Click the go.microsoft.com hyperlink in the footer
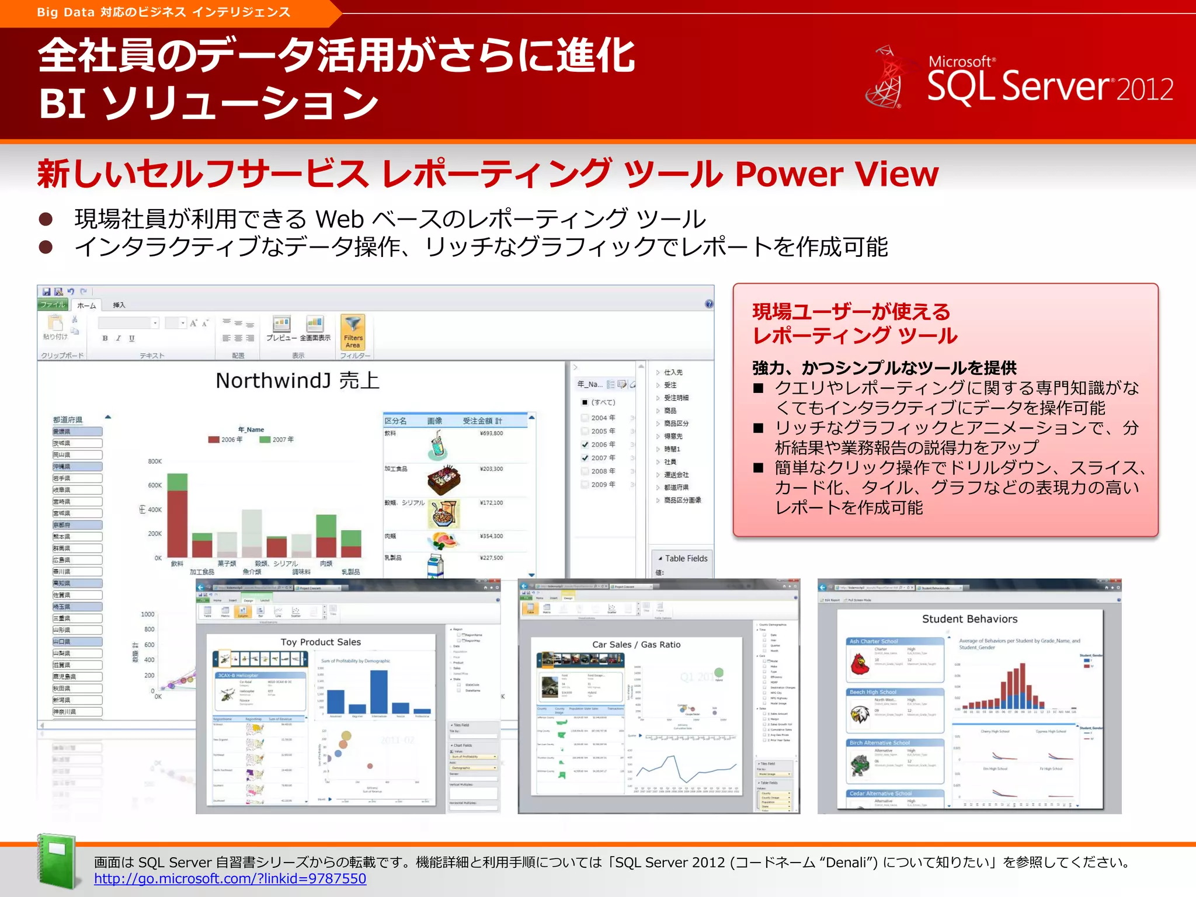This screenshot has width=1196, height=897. coord(230,878)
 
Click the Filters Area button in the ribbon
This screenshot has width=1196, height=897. coord(353,332)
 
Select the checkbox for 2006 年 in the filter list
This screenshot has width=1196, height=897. coord(585,444)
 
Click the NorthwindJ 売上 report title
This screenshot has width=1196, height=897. coord(297,381)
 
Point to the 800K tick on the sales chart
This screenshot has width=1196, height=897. coord(155,461)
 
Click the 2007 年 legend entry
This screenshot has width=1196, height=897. coord(278,440)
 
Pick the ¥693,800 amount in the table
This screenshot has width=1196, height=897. coord(491,433)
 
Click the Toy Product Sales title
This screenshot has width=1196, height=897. coord(321,642)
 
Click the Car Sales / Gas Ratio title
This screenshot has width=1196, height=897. coord(636,645)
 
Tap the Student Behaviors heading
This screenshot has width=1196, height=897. coord(969,619)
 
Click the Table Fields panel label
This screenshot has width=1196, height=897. coord(686,558)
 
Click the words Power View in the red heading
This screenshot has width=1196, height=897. coord(836,174)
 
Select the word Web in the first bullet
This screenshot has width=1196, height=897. coord(339,220)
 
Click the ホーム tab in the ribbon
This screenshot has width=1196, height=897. coord(86,305)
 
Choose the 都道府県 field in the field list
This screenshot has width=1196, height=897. coord(676,487)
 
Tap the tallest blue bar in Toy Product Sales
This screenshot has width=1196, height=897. coord(378,691)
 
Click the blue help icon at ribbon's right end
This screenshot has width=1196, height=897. coord(709,304)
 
